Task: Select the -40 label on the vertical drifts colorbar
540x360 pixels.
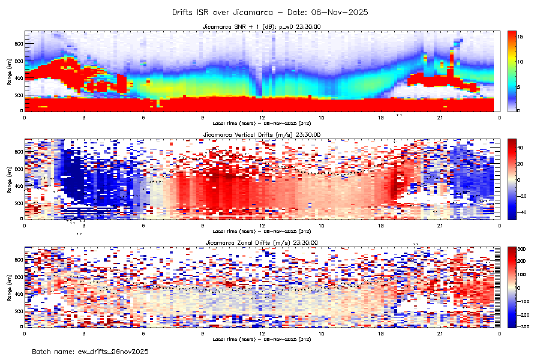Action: (x=521, y=212)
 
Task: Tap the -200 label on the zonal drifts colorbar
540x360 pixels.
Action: (x=522, y=314)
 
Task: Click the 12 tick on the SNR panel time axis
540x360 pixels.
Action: (x=262, y=118)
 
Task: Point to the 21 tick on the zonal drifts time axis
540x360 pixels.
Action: (x=440, y=333)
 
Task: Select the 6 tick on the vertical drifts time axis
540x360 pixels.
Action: (x=143, y=226)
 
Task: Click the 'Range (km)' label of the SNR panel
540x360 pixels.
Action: (x=10, y=71)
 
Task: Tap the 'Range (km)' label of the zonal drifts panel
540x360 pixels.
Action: (x=10, y=286)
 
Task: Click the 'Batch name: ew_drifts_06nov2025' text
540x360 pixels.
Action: (x=90, y=351)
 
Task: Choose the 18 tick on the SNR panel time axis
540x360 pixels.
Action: (x=381, y=118)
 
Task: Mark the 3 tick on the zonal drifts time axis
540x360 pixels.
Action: (x=84, y=333)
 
